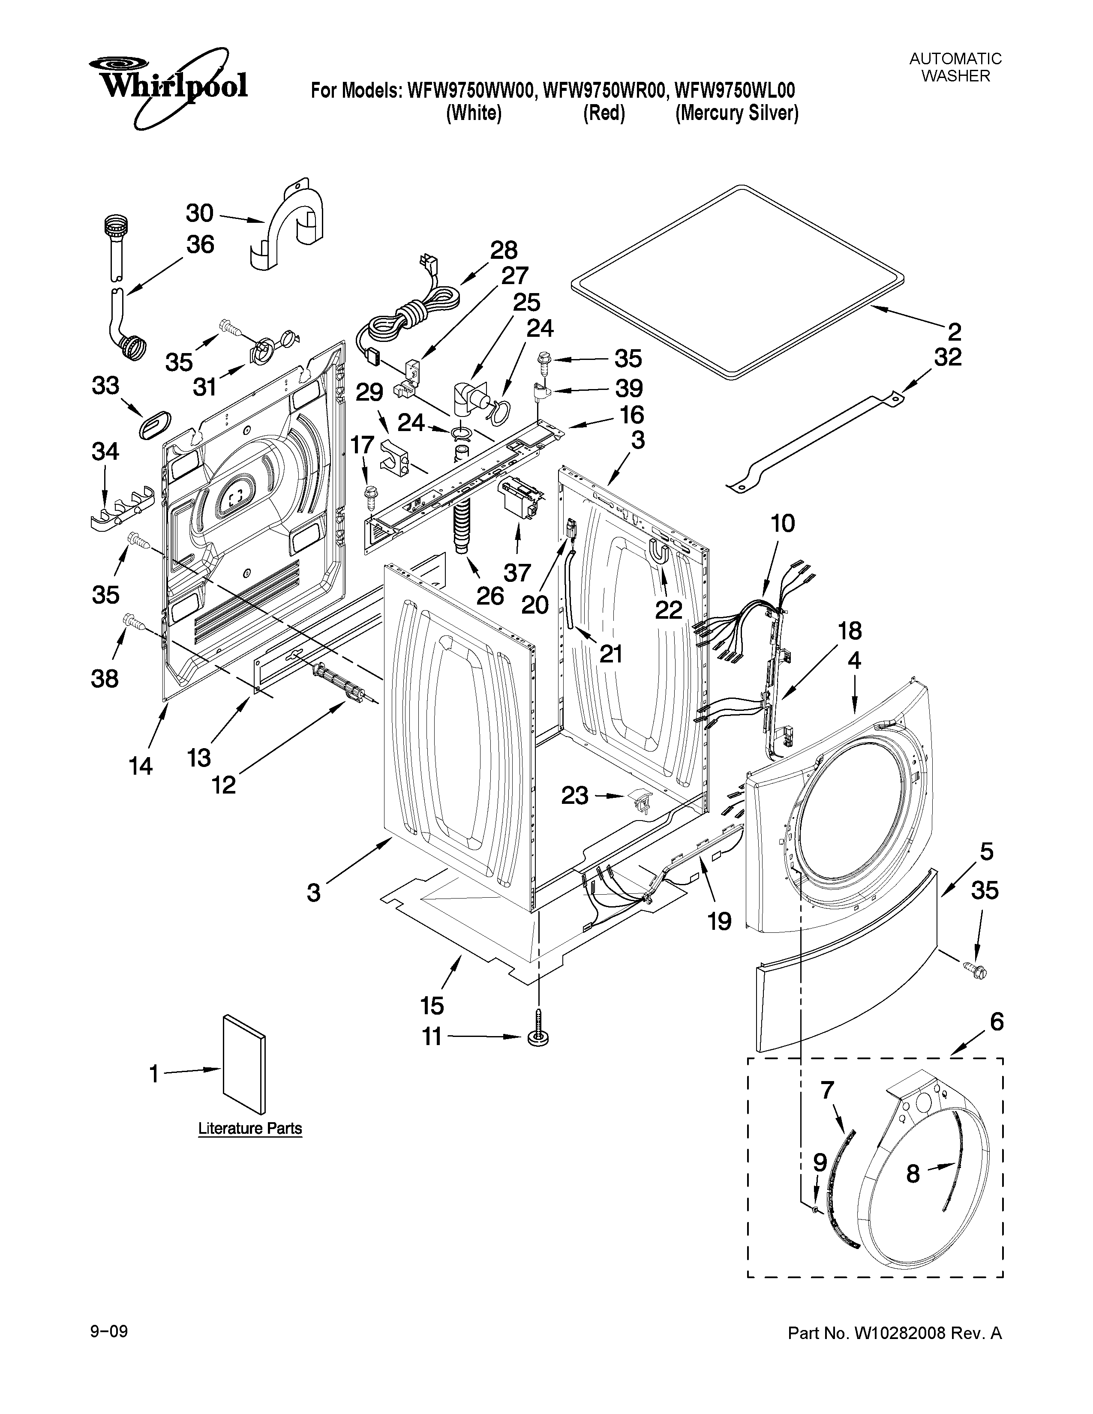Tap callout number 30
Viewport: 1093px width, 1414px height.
pos(199,213)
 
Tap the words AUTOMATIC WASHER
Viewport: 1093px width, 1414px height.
pos(955,67)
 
